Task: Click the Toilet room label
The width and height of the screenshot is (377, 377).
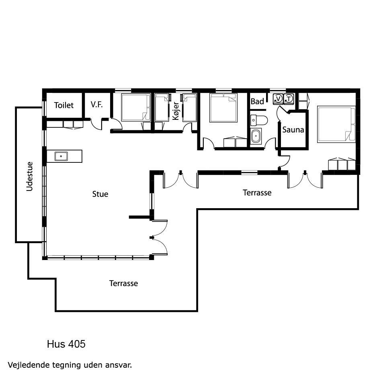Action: pyautogui.click(x=64, y=105)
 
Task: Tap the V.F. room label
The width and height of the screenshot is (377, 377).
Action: pyautogui.click(x=96, y=104)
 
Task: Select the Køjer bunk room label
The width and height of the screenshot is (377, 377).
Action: pyautogui.click(x=176, y=111)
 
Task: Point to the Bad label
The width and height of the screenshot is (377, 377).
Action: pyautogui.click(x=257, y=101)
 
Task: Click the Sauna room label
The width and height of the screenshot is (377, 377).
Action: pyautogui.click(x=293, y=130)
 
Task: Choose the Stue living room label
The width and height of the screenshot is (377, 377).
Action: pyautogui.click(x=100, y=194)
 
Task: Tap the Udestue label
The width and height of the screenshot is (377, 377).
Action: pyautogui.click(x=29, y=176)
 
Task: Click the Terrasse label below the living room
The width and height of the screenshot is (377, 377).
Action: pyautogui.click(x=123, y=283)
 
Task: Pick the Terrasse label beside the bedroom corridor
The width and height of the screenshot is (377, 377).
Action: pyautogui.click(x=257, y=193)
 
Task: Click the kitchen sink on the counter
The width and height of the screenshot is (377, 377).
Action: pyautogui.click(x=61, y=156)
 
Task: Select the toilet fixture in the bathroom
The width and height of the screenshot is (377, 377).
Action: pyautogui.click(x=259, y=120)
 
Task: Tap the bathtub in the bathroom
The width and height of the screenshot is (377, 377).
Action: pyautogui.click(x=256, y=137)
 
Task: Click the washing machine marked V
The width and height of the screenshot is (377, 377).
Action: pyautogui.click(x=278, y=99)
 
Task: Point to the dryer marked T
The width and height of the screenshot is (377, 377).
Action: pyautogui.click(x=289, y=99)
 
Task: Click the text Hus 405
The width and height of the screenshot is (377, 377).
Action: pyautogui.click(x=66, y=344)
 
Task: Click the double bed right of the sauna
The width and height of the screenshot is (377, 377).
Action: pyautogui.click(x=336, y=124)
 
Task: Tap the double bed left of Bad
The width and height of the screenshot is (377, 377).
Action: pyautogui.click(x=223, y=108)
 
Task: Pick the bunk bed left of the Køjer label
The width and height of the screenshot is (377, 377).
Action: pyautogui.click(x=162, y=107)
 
